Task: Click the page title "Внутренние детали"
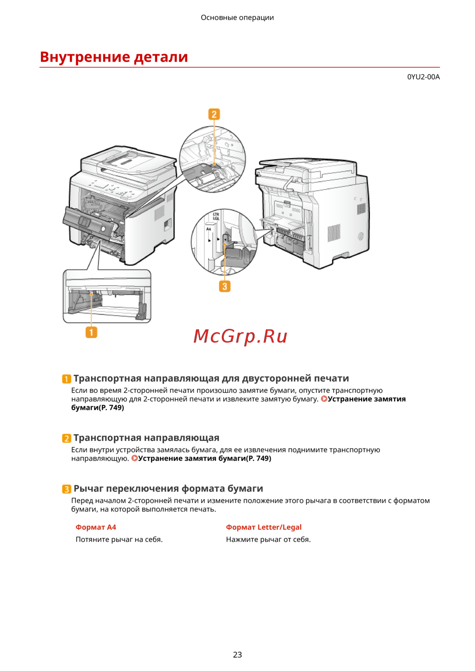114,56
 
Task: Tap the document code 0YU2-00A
423,77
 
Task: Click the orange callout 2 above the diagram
214,114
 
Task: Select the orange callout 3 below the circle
225,286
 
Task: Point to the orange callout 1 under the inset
91,332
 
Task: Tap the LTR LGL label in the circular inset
216,216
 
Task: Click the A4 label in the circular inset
209,229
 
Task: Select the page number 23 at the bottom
237,655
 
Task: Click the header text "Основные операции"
237,18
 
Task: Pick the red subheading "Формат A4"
95,527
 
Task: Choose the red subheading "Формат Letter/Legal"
264,527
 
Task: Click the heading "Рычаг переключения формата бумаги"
168,488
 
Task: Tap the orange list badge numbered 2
66,438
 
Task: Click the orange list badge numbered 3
66,489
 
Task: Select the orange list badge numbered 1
66,379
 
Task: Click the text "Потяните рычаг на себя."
119,540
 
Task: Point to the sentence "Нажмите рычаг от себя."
268,540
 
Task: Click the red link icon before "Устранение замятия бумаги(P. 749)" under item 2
134,458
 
